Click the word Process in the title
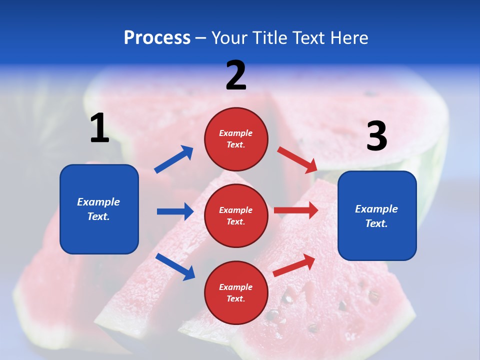click(157, 38)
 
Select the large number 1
click(99, 128)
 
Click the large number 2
click(236, 75)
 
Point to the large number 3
click(376, 136)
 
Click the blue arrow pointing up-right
click(174, 159)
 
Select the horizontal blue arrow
click(175, 211)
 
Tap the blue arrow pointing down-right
click(175, 266)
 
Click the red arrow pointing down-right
click(297, 160)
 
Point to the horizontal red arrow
click(296, 210)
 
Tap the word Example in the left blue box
click(98, 202)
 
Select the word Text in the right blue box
click(376, 223)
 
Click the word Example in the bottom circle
click(235, 287)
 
